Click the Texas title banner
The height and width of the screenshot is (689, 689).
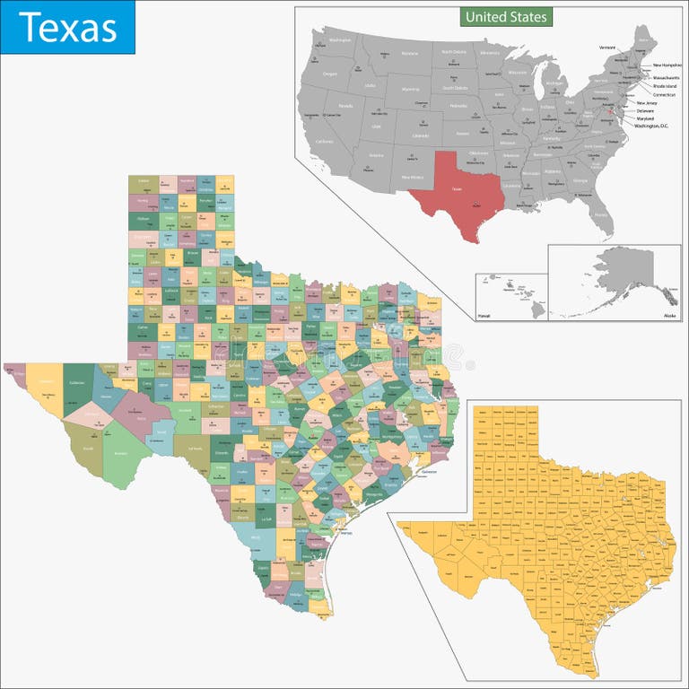tap(67, 27)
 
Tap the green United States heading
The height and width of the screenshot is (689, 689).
tap(505, 16)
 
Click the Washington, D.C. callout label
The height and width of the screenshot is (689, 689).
tap(652, 126)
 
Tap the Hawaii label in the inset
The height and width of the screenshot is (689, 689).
tap(484, 316)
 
